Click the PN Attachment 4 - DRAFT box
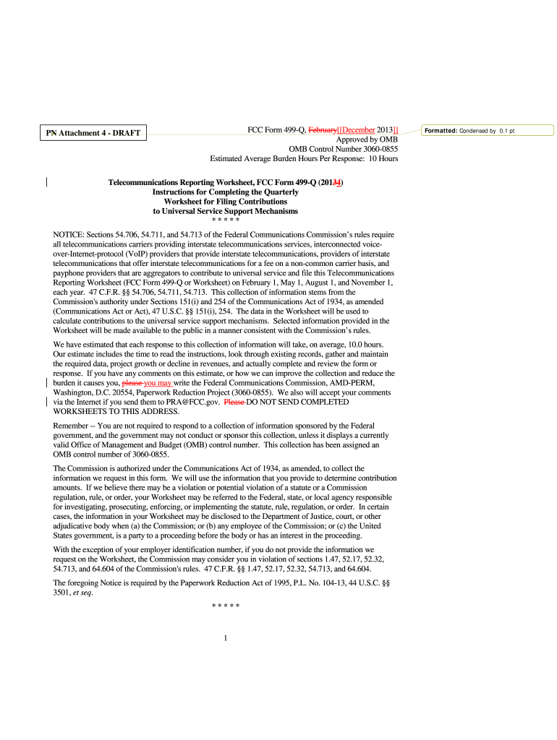point(93,133)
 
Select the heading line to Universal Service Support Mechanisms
point(226,211)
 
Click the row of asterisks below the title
point(226,220)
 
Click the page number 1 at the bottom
point(226,637)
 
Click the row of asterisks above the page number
point(226,604)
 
